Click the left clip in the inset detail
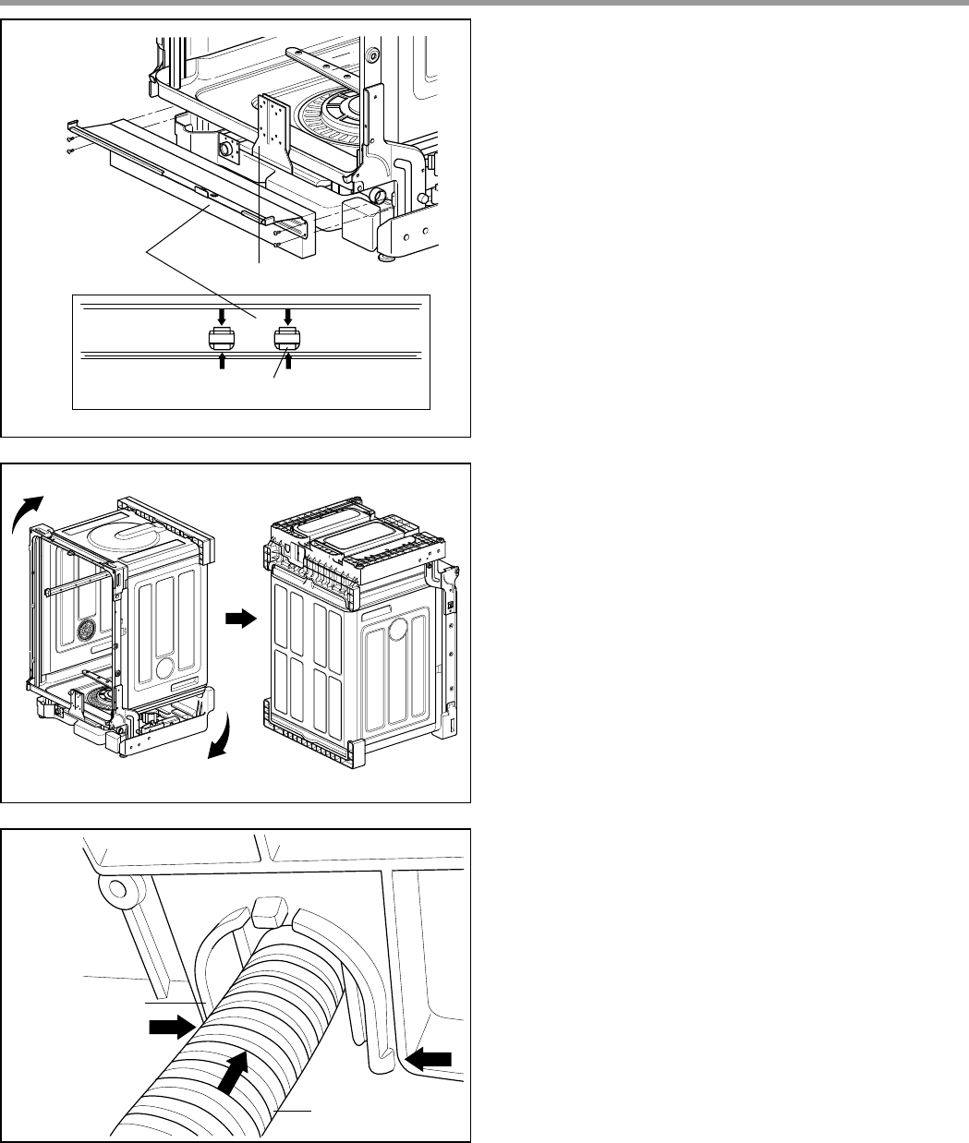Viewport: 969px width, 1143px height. click(222, 339)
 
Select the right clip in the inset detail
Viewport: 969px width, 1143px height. click(288, 339)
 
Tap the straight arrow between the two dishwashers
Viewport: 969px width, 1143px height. click(239, 621)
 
